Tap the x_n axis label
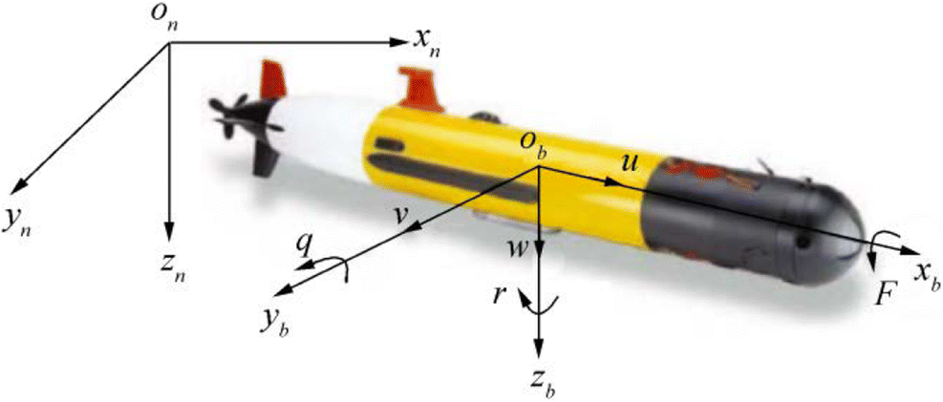[x=428, y=41]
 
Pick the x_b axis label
[x=926, y=276]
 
